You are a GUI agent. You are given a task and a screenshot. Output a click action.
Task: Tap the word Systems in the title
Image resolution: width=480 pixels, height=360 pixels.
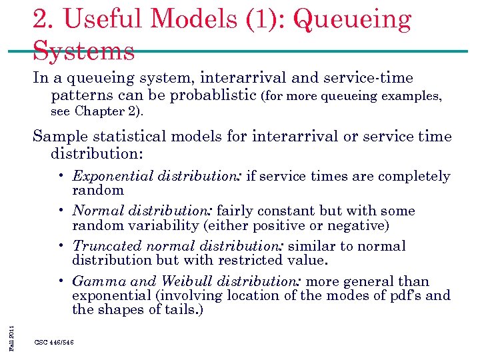(x=84, y=50)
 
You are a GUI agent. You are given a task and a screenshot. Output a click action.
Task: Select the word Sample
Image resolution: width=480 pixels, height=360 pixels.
(x=57, y=137)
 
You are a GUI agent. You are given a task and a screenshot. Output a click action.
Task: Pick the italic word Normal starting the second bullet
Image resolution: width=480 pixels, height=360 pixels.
(x=94, y=211)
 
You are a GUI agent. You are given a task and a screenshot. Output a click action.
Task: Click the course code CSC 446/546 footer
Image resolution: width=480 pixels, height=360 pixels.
(x=54, y=342)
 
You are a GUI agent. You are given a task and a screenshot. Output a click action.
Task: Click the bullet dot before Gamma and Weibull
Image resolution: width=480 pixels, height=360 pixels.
(x=61, y=281)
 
